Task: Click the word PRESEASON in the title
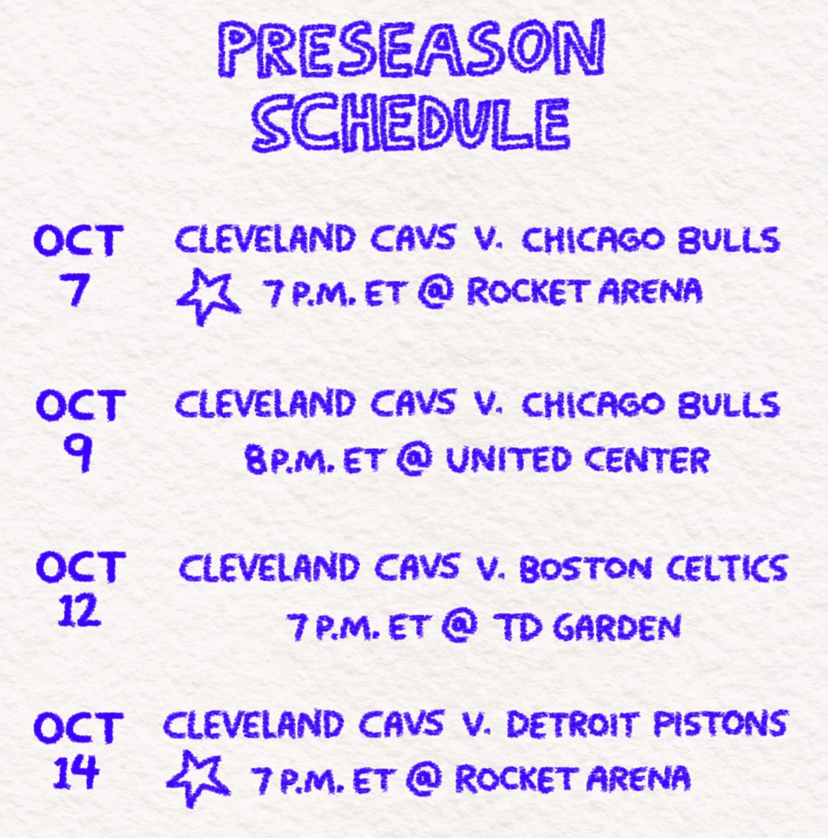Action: (412, 49)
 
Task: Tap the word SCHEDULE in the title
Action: (410, 124)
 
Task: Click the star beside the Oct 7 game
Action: (209, 296)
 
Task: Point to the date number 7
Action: (77, 290)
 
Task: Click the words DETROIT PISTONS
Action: (646, 724)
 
